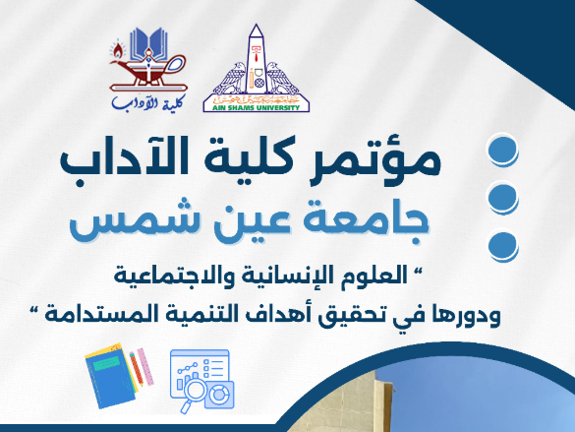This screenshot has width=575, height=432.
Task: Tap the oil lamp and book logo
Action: [148, 60]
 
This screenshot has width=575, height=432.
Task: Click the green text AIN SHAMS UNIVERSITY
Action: [257, 107]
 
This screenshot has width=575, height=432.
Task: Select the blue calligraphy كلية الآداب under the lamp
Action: [148, 101]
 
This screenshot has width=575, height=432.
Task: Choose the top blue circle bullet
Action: [503, 151]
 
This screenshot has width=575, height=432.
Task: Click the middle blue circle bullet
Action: [503, 198]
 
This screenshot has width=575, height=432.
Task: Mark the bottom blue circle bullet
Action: [503, 245]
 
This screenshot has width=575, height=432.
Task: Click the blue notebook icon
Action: [110, 377]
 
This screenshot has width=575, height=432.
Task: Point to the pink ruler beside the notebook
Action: [144, 367]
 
